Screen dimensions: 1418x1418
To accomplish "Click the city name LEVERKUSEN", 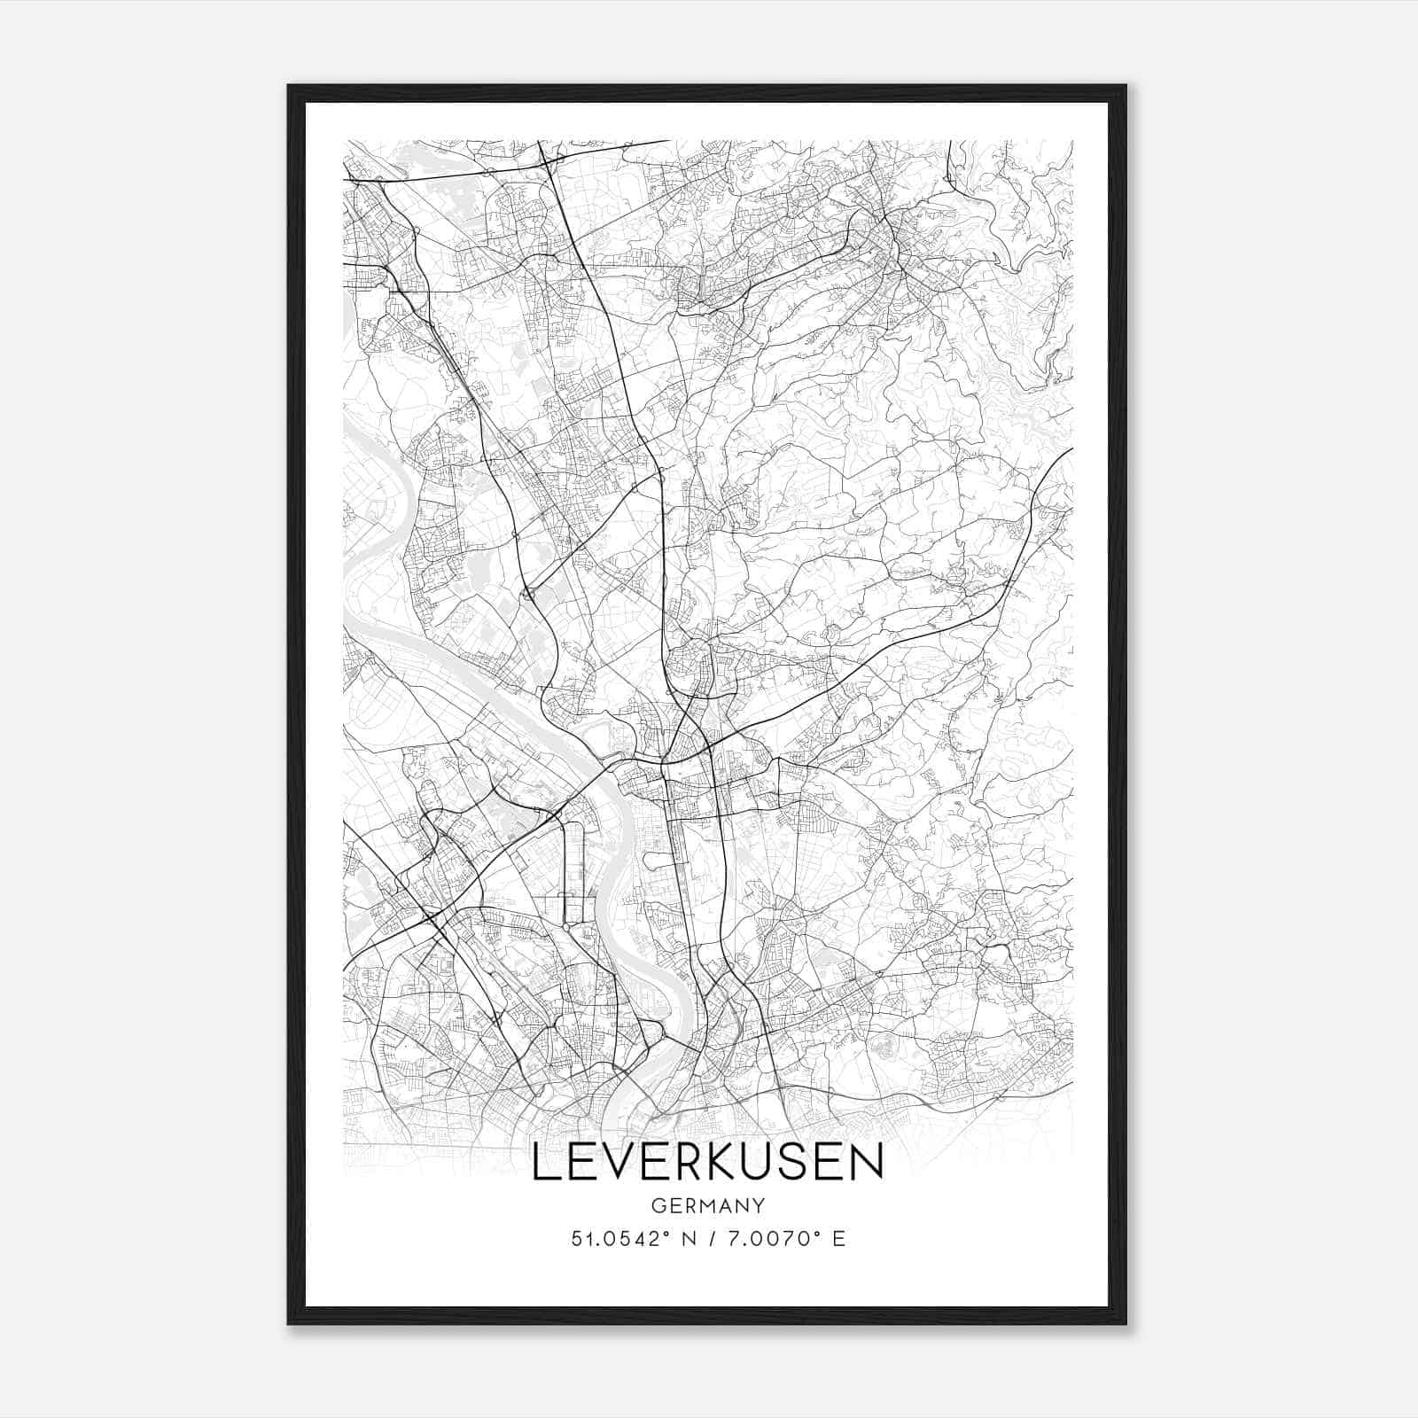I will [x=707, y=1162].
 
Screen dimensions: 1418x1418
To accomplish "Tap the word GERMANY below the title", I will [x=707, y=1207].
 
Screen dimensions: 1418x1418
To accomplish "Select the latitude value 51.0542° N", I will [x=631, y=1239].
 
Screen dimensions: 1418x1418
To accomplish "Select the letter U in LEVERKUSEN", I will [x=759, y=1162].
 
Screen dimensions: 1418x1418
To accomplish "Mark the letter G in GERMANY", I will [x=657, y=1207].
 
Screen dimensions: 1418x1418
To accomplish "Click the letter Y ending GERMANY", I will [x=759, y=1207].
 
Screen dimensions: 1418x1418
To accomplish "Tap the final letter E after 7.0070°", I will [x=839, y=1239].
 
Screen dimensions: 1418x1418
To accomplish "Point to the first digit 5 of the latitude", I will [x=576, y=1239].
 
